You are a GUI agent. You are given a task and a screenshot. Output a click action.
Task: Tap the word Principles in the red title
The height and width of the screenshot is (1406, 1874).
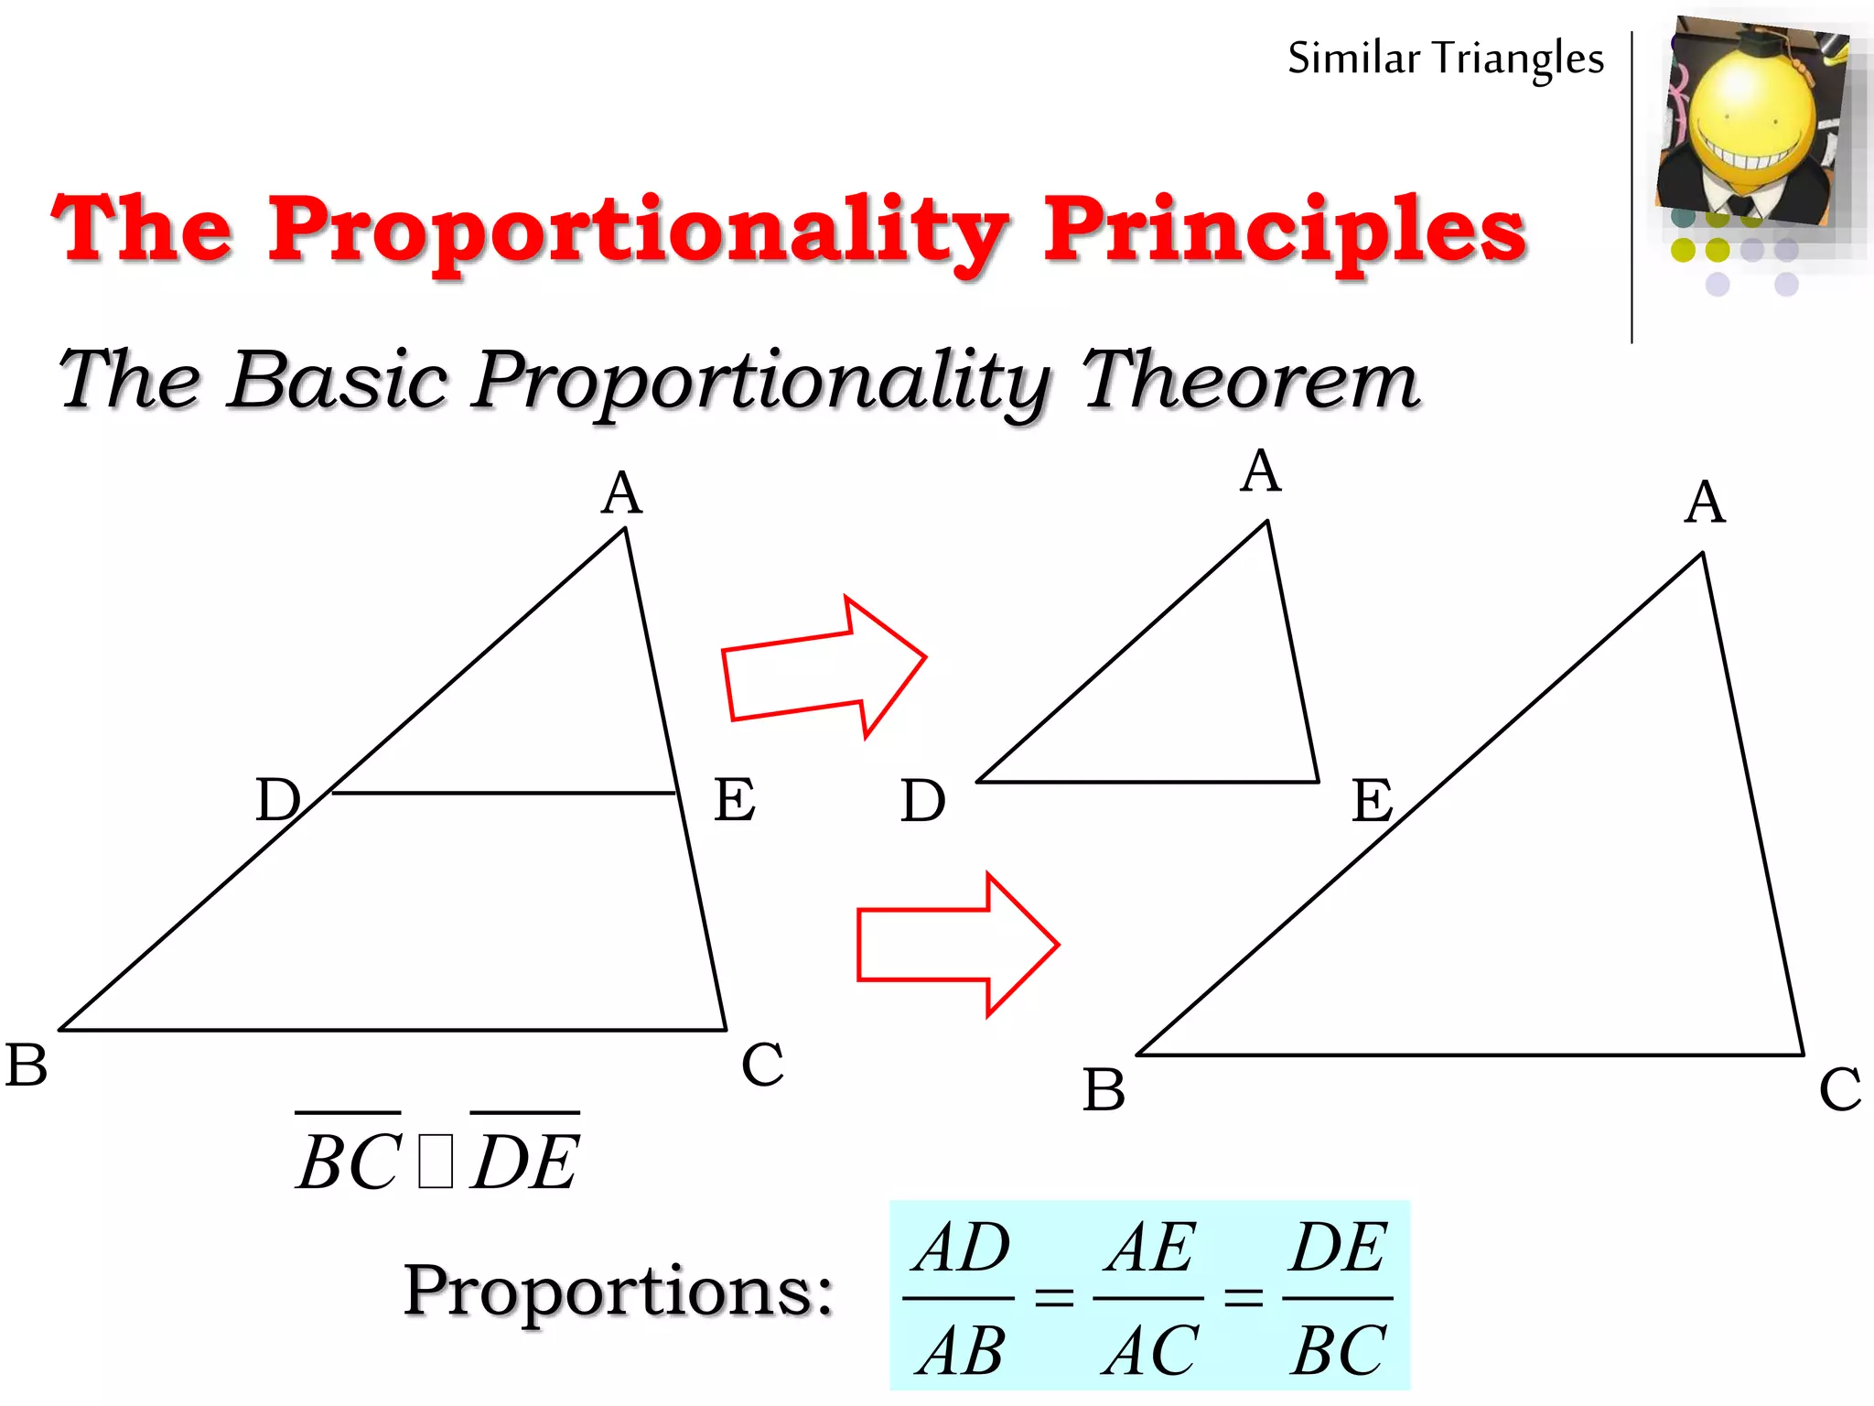click(x=1285, y=231)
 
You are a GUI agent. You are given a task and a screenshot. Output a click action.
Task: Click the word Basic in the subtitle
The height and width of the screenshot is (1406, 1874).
click(x=339, y=380)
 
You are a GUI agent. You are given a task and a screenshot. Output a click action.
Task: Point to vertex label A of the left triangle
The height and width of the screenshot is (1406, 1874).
click(x=622, y=493)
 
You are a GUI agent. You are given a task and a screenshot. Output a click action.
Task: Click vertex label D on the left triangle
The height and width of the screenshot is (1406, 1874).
click(x=277, y=799)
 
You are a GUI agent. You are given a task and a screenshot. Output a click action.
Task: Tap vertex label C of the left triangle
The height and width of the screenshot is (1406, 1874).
click(x=762, y=1065)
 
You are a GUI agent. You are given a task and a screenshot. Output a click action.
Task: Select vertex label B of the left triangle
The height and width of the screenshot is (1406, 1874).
click(x=26, y=1065)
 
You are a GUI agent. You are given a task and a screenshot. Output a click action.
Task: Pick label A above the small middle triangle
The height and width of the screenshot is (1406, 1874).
click(x=1261, y=472)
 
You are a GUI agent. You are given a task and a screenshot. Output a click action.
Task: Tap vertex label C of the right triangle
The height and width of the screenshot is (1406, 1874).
click(x=1839, y=1089)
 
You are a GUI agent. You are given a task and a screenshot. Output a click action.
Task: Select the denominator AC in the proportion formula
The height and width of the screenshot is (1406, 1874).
click(x=1149, y=1351)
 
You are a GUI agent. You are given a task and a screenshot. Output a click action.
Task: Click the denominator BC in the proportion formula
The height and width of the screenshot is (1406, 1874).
click(x=1339, y=1351)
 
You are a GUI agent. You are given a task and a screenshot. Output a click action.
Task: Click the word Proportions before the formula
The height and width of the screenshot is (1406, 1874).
click(x=619, y=1292)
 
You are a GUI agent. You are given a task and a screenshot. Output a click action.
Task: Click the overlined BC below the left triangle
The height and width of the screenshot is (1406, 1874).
click(x=349, y=1161)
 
